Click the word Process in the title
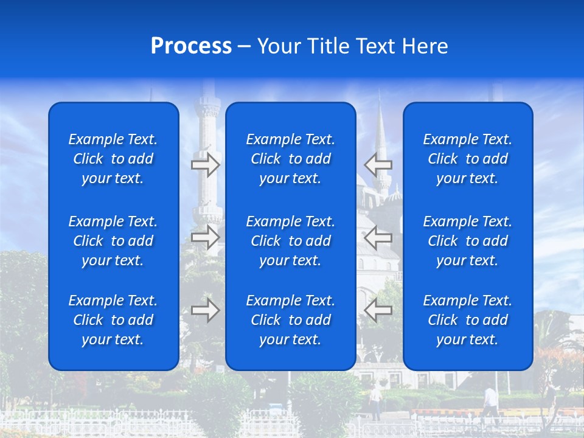tap(191, 46)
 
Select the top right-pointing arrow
tap(206, 164)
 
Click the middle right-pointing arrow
tap(206, 237)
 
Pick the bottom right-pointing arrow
tap(206, 310)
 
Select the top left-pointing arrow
tap(378, 164)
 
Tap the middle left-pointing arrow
tap(378, 237)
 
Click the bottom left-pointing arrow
tap(378, 310)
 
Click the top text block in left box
tap(113, 159)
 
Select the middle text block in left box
tap(113, 241)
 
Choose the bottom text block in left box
tap(113, 320)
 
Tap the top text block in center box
tap(291, 159)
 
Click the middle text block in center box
tap(291, 241)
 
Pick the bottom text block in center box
tap(291, 320)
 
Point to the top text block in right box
tap(468, 159)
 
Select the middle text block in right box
tap(468, 241)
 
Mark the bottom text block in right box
tap(468, 320)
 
